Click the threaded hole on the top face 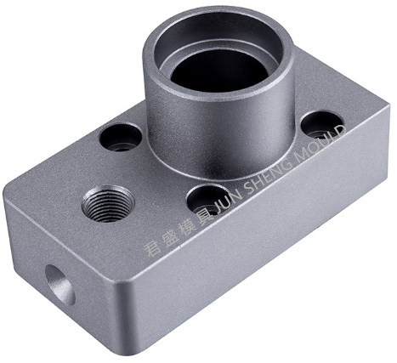point(108,203)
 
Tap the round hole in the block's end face point(60,285)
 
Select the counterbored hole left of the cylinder point(121,138)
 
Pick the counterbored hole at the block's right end point(321,126)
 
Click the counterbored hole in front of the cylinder point(209,199)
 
